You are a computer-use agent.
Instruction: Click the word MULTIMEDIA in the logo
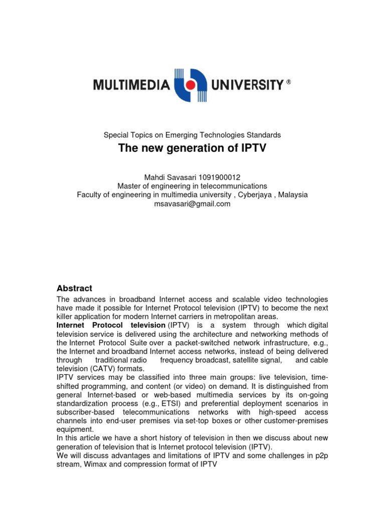[x=131, y=86]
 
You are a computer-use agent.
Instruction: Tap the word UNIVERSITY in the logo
[x=248, y=86]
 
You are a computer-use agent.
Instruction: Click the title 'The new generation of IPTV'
[x=192, y=148]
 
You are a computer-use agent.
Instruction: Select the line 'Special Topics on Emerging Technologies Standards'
[x=192, y=135]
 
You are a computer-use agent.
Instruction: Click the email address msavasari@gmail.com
[x=192, y=204]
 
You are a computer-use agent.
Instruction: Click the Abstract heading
[x=74, y=289]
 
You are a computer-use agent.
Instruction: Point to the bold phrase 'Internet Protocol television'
[x=111, y=326]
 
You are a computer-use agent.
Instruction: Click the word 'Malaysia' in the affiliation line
[x=293, y=195]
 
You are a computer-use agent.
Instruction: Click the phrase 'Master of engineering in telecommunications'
[x=192, y=186]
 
